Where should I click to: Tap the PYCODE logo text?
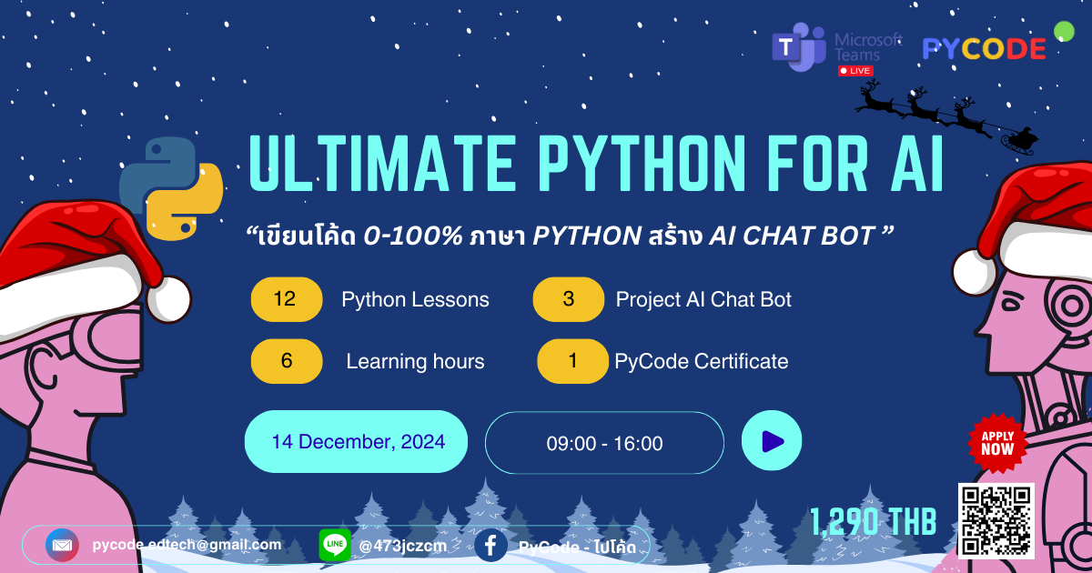point(984,49)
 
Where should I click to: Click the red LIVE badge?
point(855,70)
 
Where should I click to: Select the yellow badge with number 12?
point(286,299)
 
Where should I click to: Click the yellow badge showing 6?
point(286,361)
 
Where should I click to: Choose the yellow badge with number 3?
point(569,299)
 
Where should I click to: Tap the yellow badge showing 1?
point(572,361)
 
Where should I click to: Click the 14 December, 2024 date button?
point(357,442)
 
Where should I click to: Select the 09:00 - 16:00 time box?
point(604,443)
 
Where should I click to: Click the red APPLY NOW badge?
point(997,443)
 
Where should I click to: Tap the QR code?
point(996,520)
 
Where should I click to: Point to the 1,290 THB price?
point(873,522)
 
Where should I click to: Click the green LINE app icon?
point(335,546)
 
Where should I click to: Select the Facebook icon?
point(490,546)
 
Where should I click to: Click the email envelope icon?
point(62,546)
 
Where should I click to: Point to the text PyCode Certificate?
point(701,361)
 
